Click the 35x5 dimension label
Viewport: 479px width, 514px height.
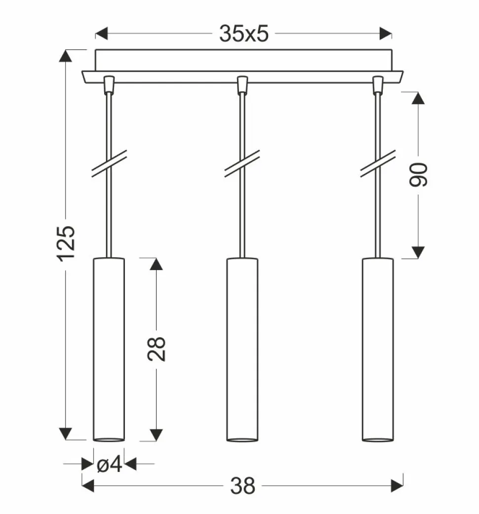pyautogui.click(x=243, y=34)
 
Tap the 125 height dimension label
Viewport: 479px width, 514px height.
pyautogui.click(x=66, y=242)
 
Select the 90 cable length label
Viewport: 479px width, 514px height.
pyautogui.click(x=418, y=174)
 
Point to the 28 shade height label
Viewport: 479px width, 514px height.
pyautogui.click(x=156, y=349)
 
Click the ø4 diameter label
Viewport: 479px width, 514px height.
pyautogui.click(x=109, y=464)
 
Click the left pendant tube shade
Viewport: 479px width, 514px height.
pyautogui.click(x=109, y=349)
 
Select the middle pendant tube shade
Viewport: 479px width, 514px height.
pyautogui.click(x=242, y=349)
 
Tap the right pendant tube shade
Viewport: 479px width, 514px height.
pyautogui.click(x=378, y=349)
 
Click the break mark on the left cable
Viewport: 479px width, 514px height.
pyautogui.click(x=109, y=163)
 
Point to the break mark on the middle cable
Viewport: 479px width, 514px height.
pyautogui.click(x=242, y=163)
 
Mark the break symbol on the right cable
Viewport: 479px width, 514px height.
pyautogui.click(x=378, y=163)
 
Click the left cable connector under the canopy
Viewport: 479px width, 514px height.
pyautogui.click(x=109, y=84)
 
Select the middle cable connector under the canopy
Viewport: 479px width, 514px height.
pyautogui.click(x=242, y=84)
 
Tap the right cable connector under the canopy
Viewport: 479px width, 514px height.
pyautogui.click(x=378, y=84)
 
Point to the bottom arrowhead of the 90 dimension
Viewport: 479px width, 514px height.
pyautogui.click(x=418, y=252)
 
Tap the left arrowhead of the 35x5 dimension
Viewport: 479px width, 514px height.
pyautogui.click(x=102, y=34)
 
